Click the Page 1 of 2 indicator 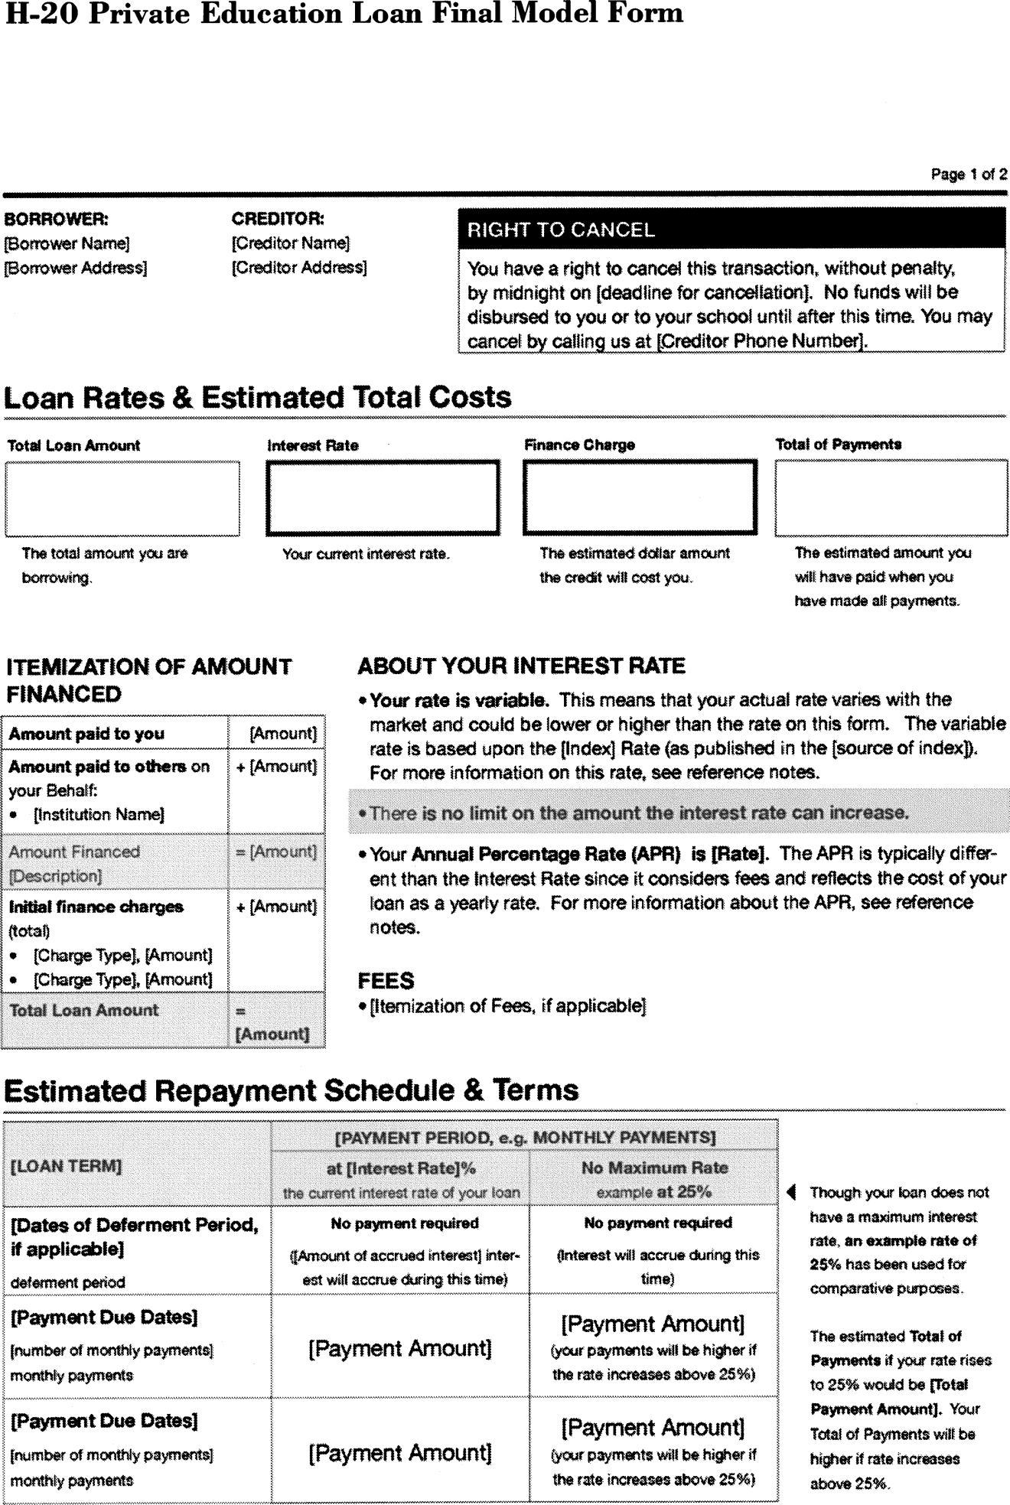[968, 174]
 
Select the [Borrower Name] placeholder [67, 243]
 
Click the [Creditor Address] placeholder [299, 267]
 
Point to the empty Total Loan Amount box [122, 498]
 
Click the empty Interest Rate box [383, 498]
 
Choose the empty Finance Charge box [640, 498]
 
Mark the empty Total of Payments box [891, 498]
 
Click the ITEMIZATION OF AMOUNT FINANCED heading [148, 680]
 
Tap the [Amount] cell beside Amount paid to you [283, 733]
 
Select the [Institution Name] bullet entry [99, 814]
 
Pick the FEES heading [386, 981]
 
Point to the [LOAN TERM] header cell [67, 1166]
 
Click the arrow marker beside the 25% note [792, 1192]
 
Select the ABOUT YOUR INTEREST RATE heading [521, 666]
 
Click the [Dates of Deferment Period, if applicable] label [135, 1236]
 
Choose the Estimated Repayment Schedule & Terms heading [291, 1090]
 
